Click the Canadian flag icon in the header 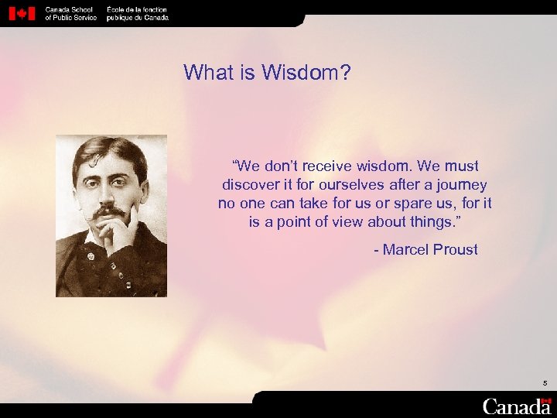[22, 13]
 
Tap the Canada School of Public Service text [70, 13]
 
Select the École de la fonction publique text [137, 13]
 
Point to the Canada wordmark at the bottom [516, 406]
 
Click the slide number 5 [545, 383]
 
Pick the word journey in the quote [463, 185]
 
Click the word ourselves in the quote [352, 185]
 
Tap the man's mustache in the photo [108, 211]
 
